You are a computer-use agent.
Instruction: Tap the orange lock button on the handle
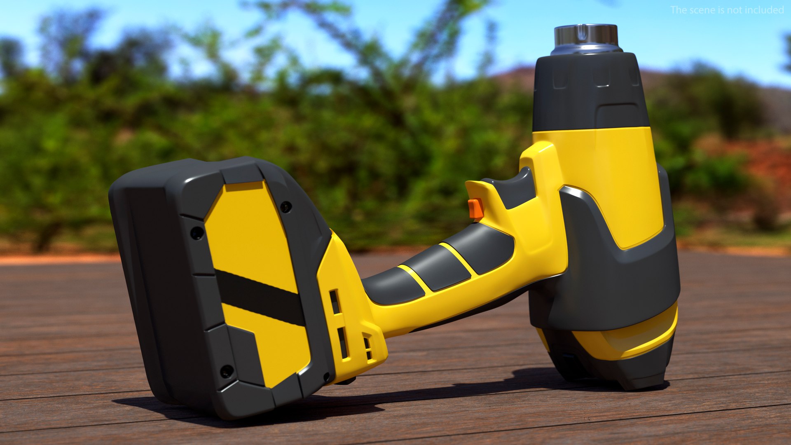[x=476, y=208]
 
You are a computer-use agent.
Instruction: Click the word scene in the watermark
[x=701, y=10]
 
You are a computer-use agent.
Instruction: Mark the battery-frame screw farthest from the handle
[x=197, y=233]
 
